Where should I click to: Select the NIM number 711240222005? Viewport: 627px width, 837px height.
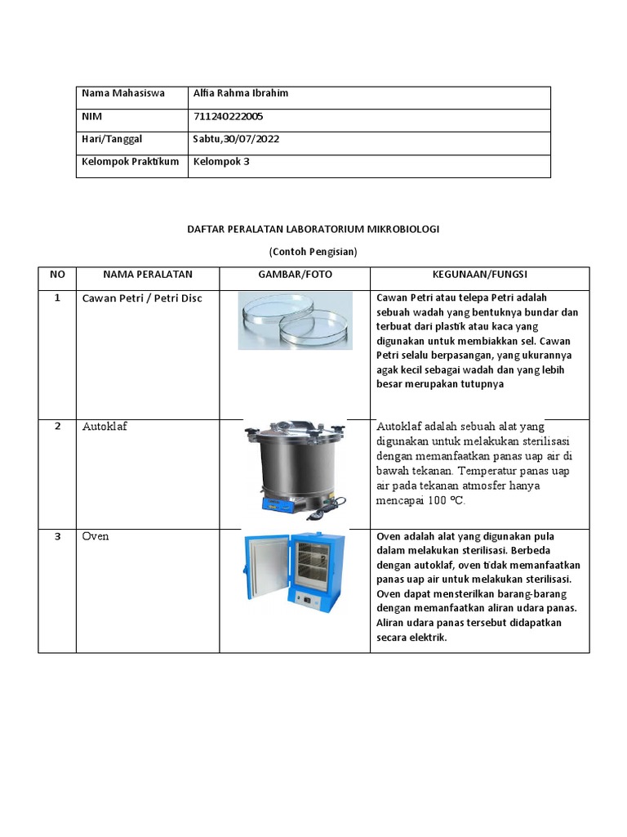click(x=228, y=116)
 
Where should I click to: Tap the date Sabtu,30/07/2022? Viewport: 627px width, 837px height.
click(x=236, y=139)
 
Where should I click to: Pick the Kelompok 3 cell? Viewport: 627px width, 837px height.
click(x=220, y=162)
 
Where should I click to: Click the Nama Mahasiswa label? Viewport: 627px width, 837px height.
click(x=122, y=93)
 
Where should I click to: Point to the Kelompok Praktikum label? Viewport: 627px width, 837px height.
click(x=130, y=162)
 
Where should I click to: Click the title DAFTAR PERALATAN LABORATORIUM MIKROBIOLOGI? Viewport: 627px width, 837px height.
click(x=313, y=230)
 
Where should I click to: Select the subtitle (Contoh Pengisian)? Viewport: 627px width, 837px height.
click(x=313, y=252)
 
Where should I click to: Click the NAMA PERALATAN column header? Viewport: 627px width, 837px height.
click(x=148, y=275)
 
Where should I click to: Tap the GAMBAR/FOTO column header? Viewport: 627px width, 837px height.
click(x=295, y=275)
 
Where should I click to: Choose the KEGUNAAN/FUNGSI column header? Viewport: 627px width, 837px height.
click(x=480, y=275)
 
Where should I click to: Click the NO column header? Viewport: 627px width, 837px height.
click(x=57, y=275)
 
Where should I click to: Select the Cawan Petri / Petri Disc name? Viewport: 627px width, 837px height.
click(x=142, y=298)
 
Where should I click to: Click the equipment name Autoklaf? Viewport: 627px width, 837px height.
click(x=104, y=427)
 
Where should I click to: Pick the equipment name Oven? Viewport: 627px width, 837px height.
click(x=96, y=536)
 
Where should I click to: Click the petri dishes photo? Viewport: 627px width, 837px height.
click(x=295, y=320)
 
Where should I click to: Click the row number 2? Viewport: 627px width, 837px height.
click(x=57, y=426)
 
